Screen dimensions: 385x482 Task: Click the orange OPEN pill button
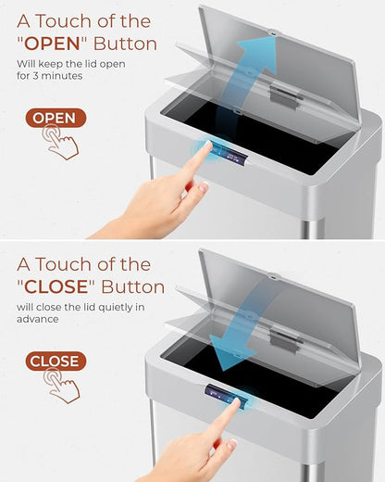[56, 118]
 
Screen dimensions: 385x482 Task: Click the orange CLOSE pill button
[56, 361]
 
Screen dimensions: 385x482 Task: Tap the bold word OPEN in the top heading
[52, 44]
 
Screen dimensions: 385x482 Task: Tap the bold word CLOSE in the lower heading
[56, 287]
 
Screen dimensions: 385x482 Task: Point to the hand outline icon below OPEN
[60, 142]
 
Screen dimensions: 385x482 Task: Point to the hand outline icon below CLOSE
[61, 386]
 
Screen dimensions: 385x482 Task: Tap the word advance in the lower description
[37, 319]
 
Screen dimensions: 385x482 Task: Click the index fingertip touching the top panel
[208, 145]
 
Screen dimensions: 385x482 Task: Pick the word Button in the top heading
[125, 44]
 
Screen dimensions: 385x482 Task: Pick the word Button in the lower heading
[133, 287]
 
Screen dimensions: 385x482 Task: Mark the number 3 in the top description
[35, 76]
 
